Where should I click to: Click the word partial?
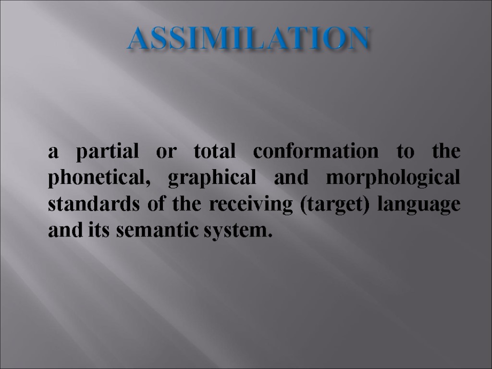pyautogui.click(x=108, y=153)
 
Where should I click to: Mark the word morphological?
pyautogui.click(x=393, y=179)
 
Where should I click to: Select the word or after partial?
pyautogui.click(x=165, y=153)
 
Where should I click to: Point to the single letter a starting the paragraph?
pyautogui.click(x=53, y=153)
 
